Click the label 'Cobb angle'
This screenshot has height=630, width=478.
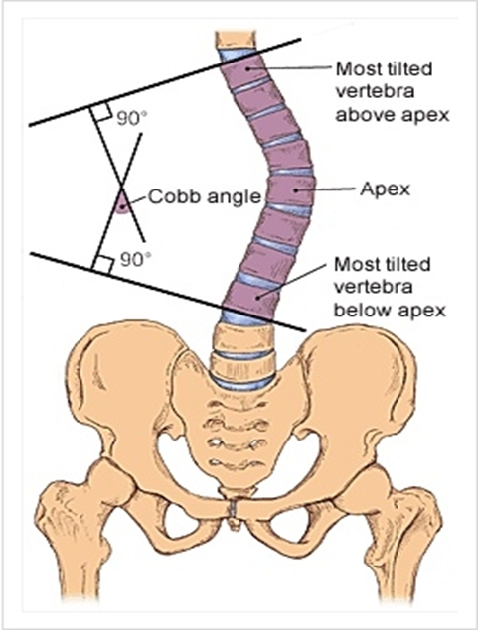pos(205,196)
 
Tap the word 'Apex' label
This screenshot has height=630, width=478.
pos(385,189)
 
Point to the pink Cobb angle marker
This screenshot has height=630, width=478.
pos(122,205)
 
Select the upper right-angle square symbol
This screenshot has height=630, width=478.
pos(101,114)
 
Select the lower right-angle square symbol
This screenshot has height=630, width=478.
pos(103,264)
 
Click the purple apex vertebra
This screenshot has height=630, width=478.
pos(290,190)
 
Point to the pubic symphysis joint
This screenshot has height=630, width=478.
pos(234,509)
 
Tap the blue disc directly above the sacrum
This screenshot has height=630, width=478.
pos(243,383)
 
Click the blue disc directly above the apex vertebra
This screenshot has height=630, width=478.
pos(291,172)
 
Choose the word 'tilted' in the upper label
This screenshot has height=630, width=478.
pos(409,69)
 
